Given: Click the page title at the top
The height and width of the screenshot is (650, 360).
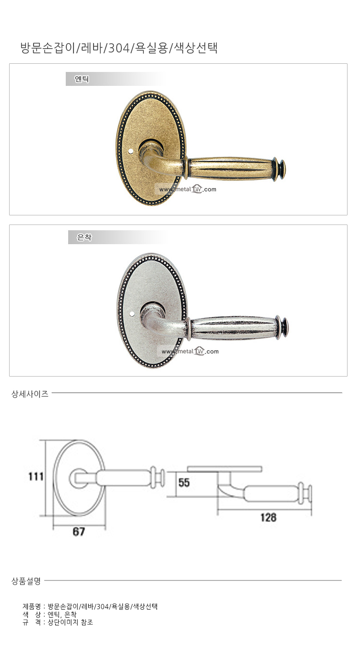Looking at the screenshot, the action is [119, 48].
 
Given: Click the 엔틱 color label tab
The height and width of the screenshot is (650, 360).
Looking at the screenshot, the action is [82, 79].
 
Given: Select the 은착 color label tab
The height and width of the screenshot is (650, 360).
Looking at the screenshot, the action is [84, 237].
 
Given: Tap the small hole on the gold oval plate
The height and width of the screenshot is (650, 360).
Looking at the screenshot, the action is [130, 151].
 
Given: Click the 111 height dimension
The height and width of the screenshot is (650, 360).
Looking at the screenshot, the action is [36, 476].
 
